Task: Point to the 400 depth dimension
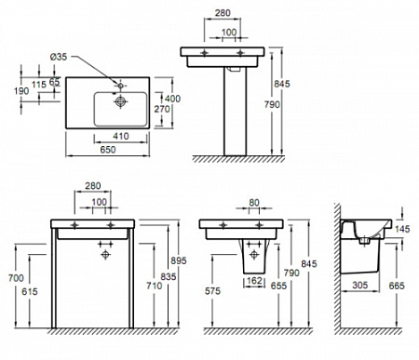[x=172, y=98]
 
